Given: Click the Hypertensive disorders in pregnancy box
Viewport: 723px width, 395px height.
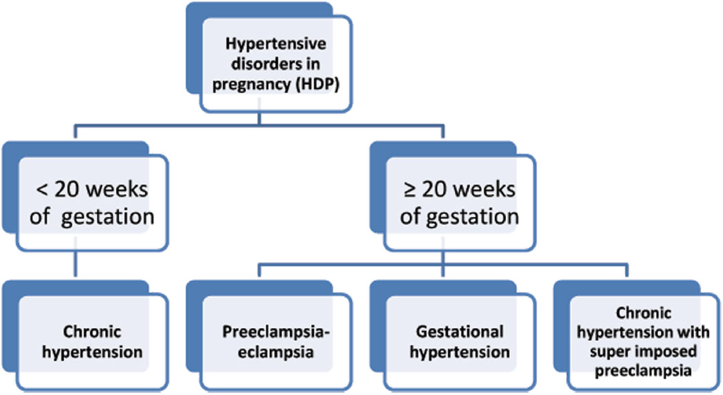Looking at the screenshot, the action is [x=276, y=64].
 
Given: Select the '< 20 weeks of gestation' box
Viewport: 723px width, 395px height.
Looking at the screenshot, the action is [x=92, y=203].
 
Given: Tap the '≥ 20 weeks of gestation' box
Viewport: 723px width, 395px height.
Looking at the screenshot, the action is [x=459, y=203].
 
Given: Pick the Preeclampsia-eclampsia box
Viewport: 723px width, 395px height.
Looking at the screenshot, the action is [x=276, y=342].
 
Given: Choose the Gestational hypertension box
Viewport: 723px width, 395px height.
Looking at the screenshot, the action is [x=459, y=342].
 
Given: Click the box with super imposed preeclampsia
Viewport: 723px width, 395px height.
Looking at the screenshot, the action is [x=643, y=342].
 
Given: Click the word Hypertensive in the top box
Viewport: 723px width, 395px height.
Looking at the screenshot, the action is [x=276, y=44].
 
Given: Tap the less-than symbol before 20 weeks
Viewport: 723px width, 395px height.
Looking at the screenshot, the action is [x=42, y=190].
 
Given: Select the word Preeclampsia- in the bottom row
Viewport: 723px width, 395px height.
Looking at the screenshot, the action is [x=276, y=332].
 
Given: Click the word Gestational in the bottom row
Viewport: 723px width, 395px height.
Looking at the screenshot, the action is [x=460, y=331].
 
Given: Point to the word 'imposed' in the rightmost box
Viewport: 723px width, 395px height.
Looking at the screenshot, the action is [x=666, y=351].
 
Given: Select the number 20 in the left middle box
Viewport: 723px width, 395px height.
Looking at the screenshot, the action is [x=68, y=190].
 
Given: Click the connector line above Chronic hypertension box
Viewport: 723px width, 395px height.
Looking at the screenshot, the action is [x=75, y=264].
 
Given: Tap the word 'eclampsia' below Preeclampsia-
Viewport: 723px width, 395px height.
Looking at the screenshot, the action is [x=276, y=353].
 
